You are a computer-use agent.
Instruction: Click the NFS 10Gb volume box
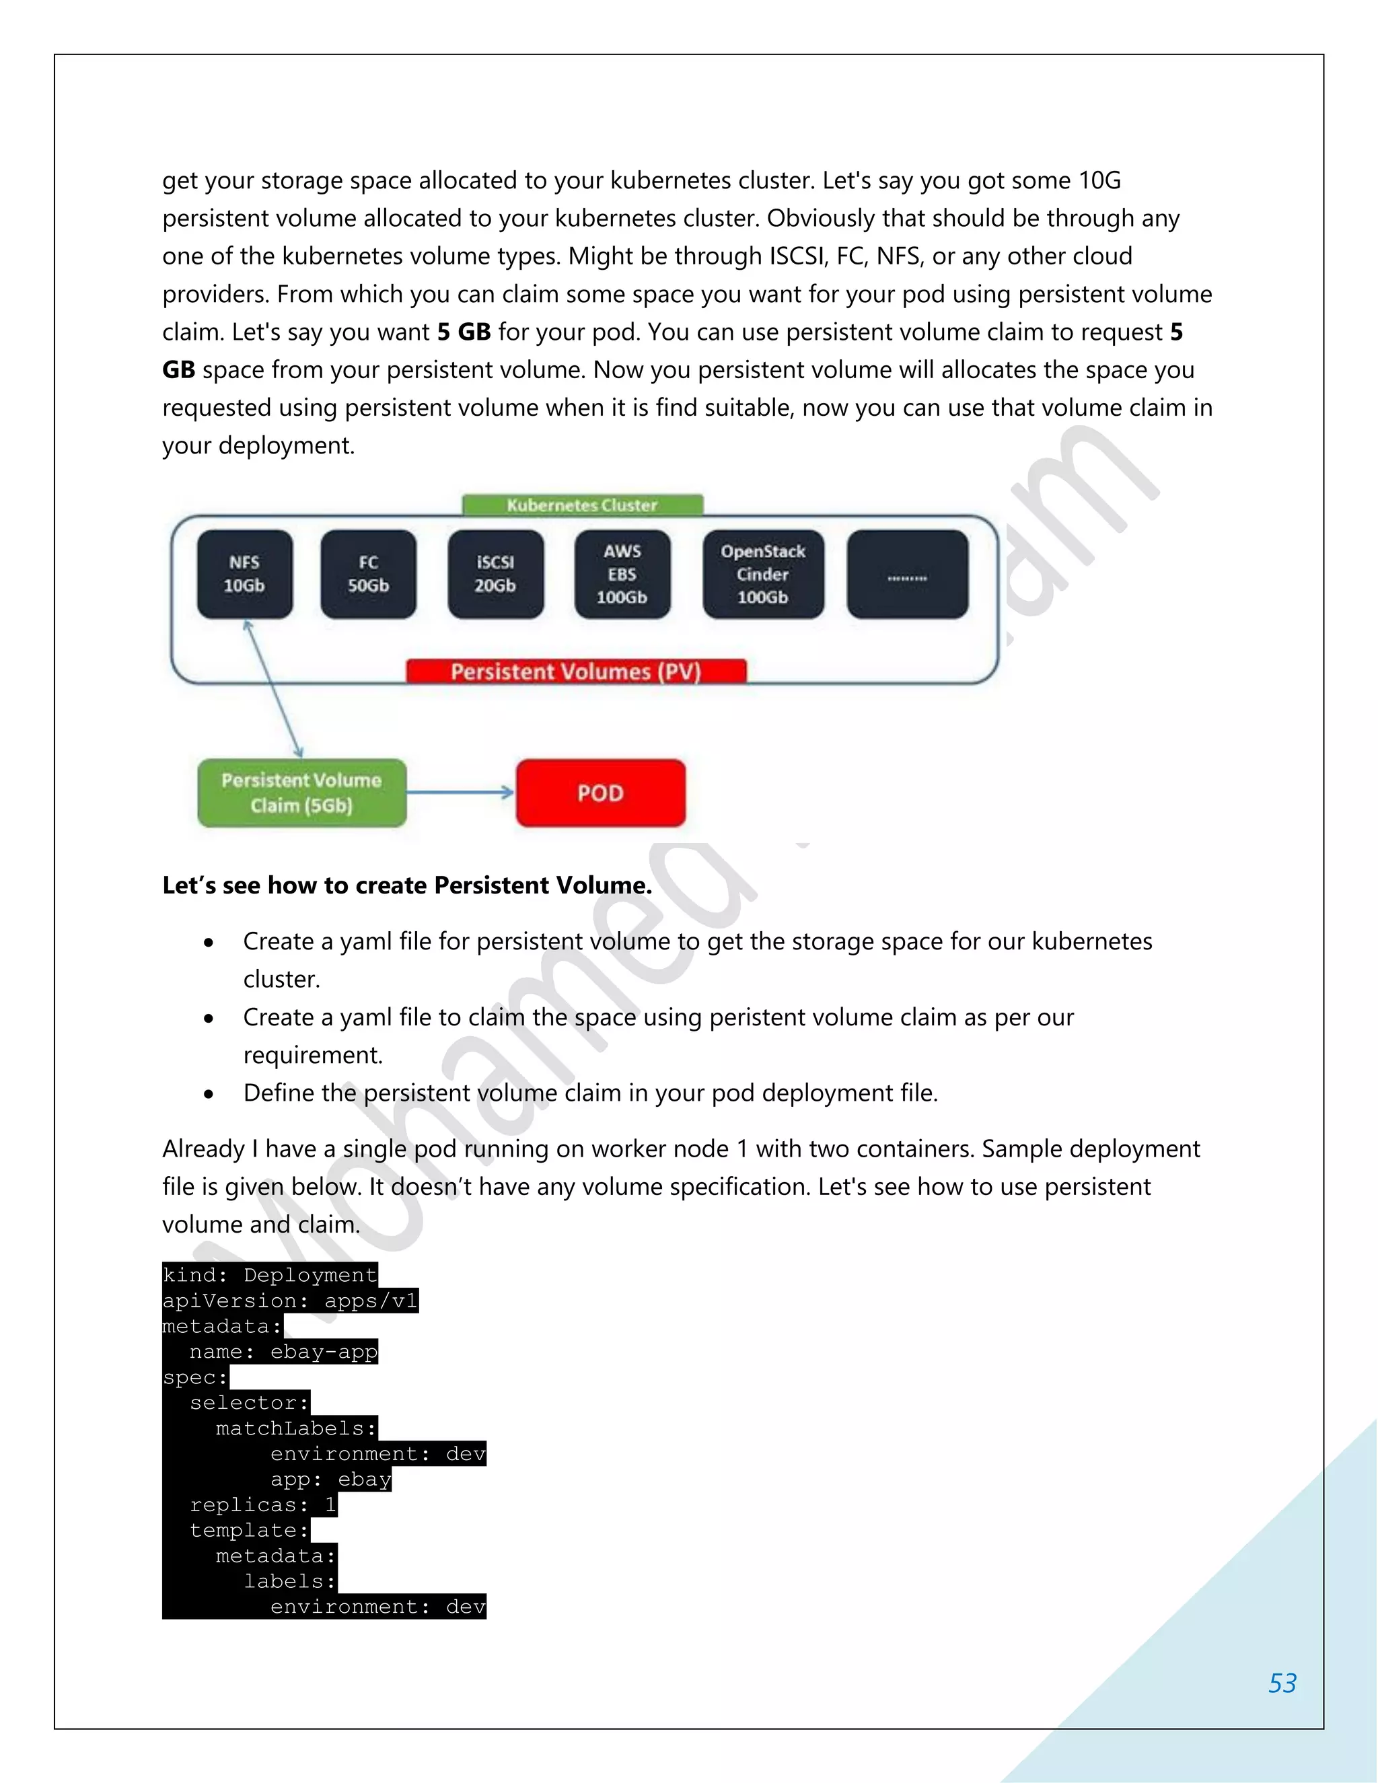point(244,574)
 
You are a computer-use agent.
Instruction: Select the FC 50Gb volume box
point(368,574)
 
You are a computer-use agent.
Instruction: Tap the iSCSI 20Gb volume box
point(495,574)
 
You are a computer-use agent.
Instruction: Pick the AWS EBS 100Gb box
point(622,574)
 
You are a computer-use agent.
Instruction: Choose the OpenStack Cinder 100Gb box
point(762,574)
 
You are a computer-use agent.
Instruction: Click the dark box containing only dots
point(907,574)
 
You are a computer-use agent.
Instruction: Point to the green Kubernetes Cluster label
point(582,505)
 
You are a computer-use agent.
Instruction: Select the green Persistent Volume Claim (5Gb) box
point(301,793)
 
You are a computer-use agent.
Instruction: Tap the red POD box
point(600,793)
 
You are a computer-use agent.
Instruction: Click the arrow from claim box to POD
point(460,792)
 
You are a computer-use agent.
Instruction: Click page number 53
point(1282,1683)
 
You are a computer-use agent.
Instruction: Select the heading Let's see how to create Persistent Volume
point(406,885)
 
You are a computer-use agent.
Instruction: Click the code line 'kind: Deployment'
point(269,1275)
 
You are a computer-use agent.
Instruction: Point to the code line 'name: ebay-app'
point(283,1352)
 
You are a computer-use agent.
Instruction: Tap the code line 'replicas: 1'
point(263,1504)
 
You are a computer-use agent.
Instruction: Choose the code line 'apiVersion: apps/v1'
point(290,1301)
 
